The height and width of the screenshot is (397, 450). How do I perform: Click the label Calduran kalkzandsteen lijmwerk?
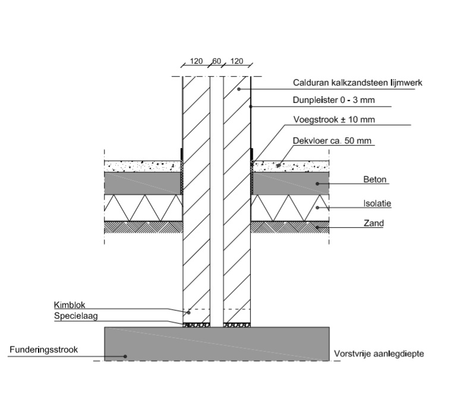[357, 83]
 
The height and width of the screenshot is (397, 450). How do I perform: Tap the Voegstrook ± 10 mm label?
[334, 120]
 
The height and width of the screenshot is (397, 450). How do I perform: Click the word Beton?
[374, 179]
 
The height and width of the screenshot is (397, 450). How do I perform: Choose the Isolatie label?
[377, 203]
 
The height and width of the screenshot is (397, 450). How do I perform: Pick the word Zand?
[374, 224]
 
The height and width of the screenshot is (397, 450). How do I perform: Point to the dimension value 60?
[216, 61]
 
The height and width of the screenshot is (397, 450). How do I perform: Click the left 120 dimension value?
[196, 61]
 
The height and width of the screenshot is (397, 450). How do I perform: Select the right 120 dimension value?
[237, 61]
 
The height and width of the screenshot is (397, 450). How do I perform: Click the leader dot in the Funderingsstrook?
[125, 357]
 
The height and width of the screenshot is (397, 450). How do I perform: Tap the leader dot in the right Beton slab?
[318, 183]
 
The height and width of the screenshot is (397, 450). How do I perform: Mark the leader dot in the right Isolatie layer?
[318, 208]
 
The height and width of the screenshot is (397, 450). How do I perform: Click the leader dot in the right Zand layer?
[318, 227]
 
